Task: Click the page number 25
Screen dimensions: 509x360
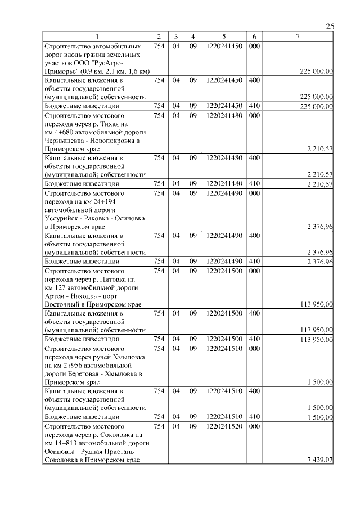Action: click(x=330, y=26)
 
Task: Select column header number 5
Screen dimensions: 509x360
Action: click(x=224, y=37)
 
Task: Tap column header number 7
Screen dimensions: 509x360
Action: click(x=298, y=37)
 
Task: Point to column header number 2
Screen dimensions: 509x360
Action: click(x=159, y=37)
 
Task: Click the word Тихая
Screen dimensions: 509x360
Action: click(x=111, y=123)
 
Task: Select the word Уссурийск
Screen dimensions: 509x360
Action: click(x=61, y=219)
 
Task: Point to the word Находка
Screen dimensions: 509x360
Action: click(x=89, y=296)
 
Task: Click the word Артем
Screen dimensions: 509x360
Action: click(x=55, y=296)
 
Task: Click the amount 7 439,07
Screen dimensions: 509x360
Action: click(x=320, y=461)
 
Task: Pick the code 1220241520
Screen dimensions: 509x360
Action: click(x=224, y=427)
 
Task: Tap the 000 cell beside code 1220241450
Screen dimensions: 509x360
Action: click(x=254, y=46)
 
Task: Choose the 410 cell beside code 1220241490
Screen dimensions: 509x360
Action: click(x=254, y=262)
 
